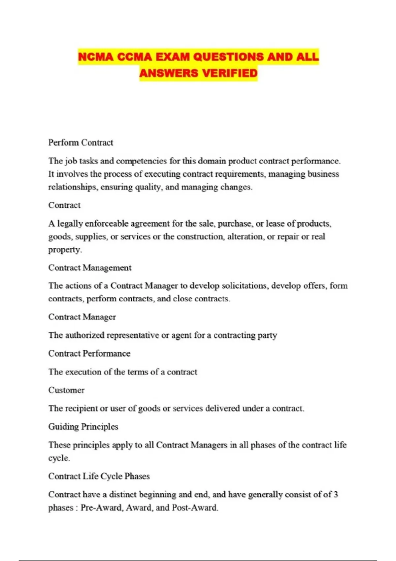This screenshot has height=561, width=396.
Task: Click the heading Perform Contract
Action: pos(81,143)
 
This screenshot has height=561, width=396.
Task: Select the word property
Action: pos(65,250)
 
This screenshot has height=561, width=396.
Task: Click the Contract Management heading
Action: pos(90,268)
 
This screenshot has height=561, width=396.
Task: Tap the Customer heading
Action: pos(66,390)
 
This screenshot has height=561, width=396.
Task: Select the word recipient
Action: pos(82,409)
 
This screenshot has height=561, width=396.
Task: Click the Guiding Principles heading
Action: pos(83,427)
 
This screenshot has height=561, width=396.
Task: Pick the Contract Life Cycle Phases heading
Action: pos(99,476)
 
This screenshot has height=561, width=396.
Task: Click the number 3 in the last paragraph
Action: pos(336,495)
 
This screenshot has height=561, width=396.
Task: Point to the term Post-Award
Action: pos(194,508)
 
